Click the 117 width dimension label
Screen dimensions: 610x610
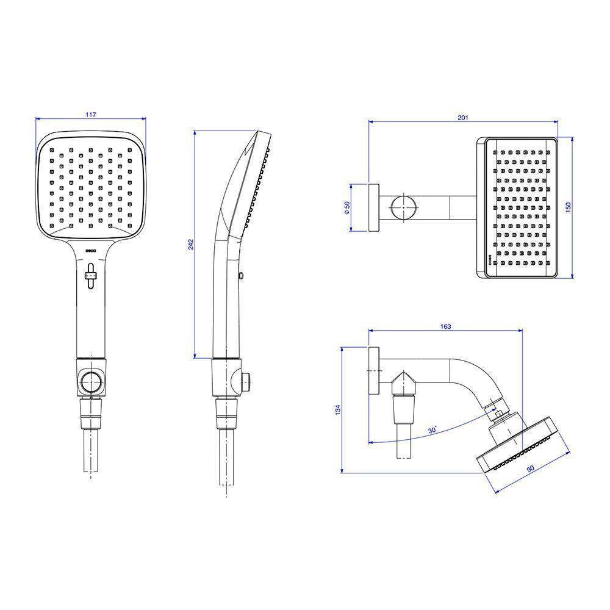pos(91,114)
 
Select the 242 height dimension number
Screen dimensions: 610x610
pos(191,244)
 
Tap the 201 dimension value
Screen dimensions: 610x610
pos(464,117)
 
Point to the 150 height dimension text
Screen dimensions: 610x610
pos(569,208)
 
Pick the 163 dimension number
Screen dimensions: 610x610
pos(445,327)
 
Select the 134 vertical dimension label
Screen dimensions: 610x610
pos(338,411)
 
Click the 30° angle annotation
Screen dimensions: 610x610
pos(432,430)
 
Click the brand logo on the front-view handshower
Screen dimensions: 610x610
pos(91,250)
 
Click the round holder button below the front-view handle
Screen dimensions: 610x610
pos(90,381)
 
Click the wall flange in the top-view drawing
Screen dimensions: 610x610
pos(374,207)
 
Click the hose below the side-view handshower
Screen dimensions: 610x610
pos(226,457)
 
